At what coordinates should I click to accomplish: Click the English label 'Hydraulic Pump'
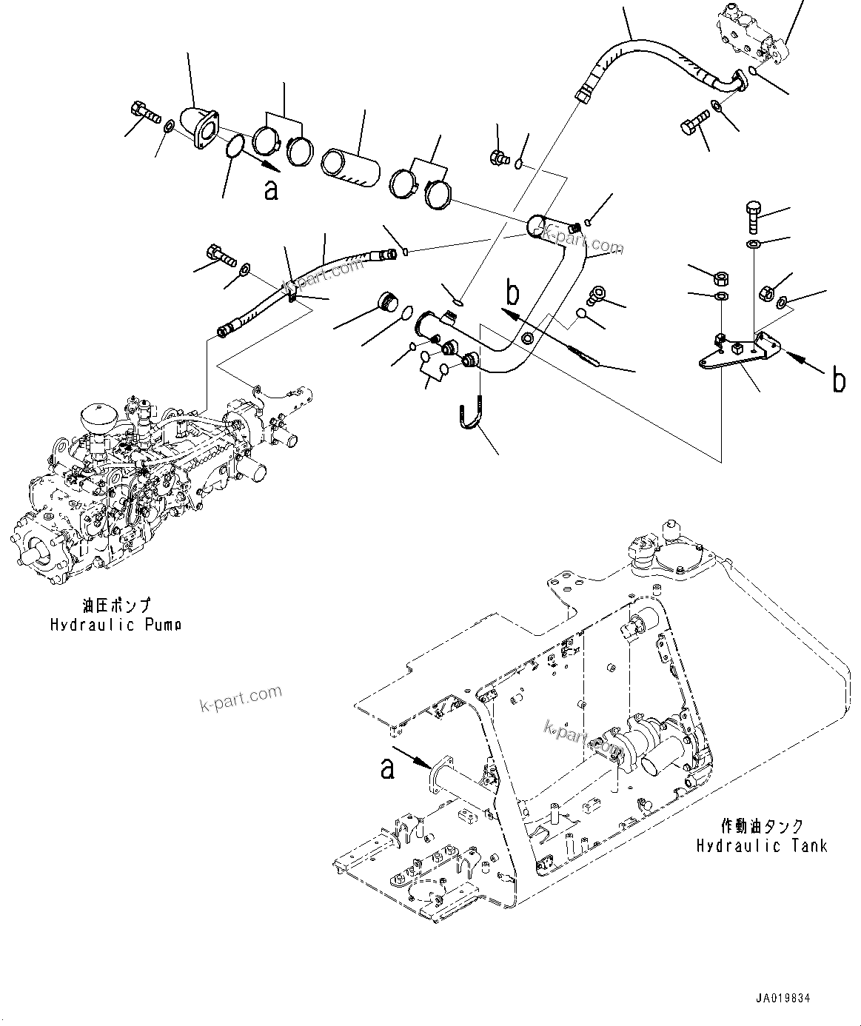tap(115, 624)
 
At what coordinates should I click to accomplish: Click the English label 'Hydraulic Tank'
tap(761, 845)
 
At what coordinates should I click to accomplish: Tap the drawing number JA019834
tap(783, 999)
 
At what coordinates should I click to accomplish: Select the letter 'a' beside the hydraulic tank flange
tap(386, 769)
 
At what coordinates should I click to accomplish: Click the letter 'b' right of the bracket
tap(838, 380)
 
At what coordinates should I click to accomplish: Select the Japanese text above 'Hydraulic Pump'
tap(116, 606)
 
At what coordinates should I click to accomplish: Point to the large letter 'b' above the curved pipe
tap(512, 294)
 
